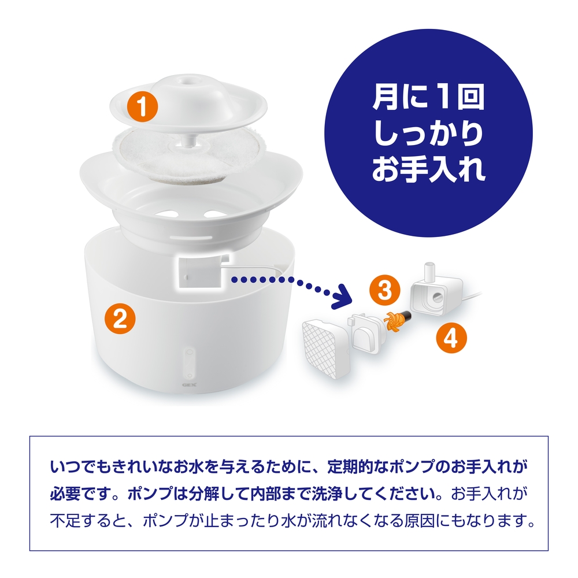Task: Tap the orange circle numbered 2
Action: pyautogui.click(x=119, y=318)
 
